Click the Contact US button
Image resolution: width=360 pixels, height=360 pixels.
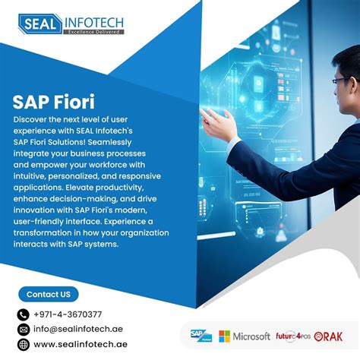(48, 294)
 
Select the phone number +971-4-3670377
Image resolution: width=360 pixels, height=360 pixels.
(68, 314)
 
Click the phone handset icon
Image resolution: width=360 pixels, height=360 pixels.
(23, 314)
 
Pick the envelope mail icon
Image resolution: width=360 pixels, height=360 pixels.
(23, 330)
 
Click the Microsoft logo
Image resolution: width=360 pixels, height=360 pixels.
(245, 336)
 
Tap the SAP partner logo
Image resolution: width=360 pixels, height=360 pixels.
(201, 336)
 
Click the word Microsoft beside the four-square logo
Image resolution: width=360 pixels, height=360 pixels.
(252, 336)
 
